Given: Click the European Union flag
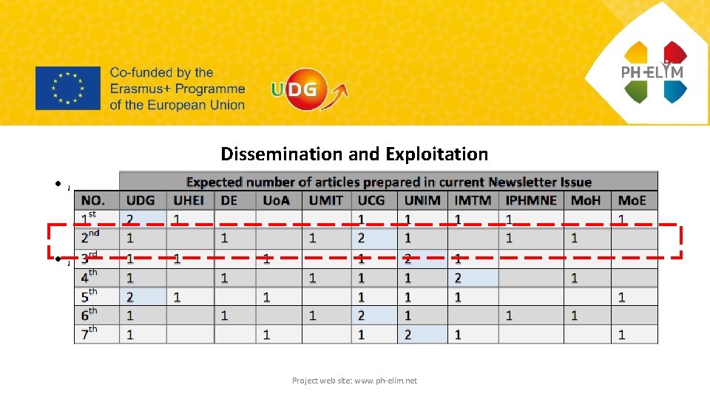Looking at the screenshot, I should [x=67, y=88].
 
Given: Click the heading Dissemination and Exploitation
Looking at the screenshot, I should [x=354, y=154].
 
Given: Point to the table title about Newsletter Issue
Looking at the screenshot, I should [x=388, y=182].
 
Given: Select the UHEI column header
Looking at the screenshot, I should [x=190, y=200].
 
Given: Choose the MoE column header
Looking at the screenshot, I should [x=634, y=200].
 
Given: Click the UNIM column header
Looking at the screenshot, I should [x=422, y=200].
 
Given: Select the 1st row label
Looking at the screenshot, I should [x=89, y=219].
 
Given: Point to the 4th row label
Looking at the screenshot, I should [x=89, y=277].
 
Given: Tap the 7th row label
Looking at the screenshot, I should [x=89, y=334].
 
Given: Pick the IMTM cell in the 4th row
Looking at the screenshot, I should [x=473, y=277].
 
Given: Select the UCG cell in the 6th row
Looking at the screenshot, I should [x=374, y=316].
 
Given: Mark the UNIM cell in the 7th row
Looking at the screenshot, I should [x=422, y=335].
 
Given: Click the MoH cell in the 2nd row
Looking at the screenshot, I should [x=586, y=239].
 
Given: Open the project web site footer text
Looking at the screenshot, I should [x=354, y=381].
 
